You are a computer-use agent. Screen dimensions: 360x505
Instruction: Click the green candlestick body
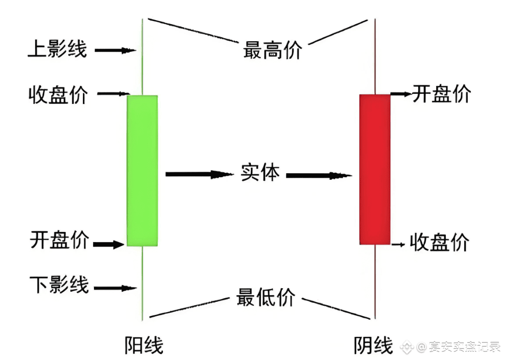(142, 170)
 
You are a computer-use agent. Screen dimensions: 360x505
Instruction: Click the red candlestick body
(375, 169)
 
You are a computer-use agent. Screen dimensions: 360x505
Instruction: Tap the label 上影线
(57, 50)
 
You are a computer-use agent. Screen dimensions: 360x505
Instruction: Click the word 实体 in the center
(260, 173)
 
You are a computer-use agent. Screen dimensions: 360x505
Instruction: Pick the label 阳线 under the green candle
(144, 345)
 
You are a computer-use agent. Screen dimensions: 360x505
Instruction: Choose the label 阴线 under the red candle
(373, 345)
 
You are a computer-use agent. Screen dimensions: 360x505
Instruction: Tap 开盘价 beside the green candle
(59, 241)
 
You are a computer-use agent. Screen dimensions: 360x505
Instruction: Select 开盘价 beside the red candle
(441, 94)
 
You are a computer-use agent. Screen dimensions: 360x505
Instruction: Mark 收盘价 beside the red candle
(439, 243)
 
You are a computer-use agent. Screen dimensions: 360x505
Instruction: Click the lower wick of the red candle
(375, 281)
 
